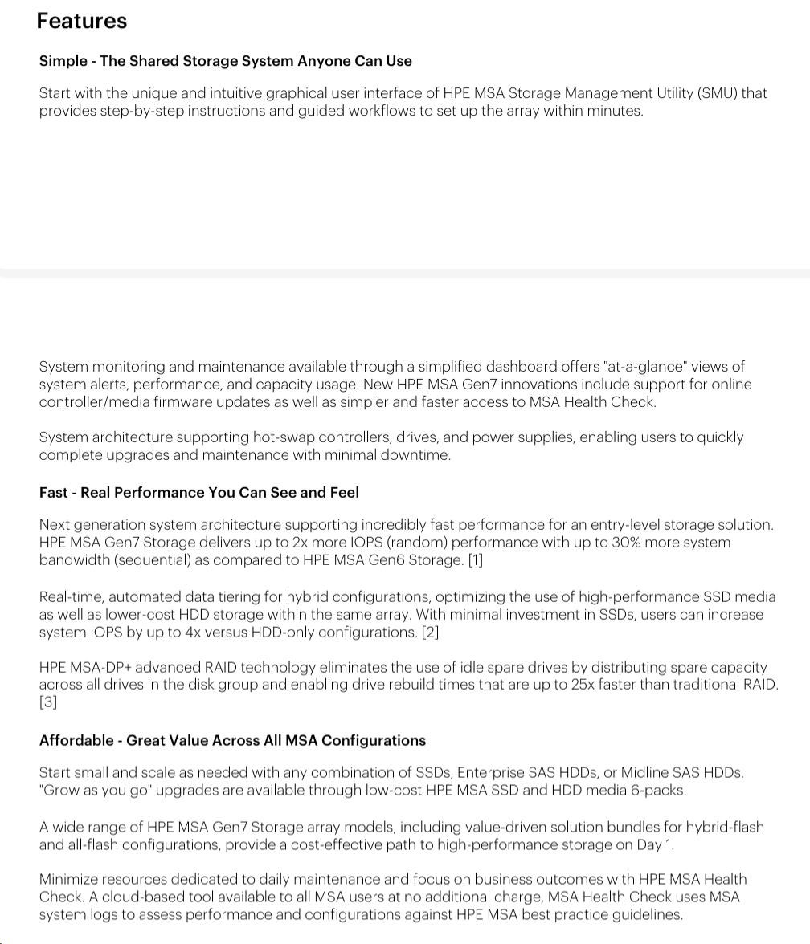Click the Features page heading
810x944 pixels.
81,21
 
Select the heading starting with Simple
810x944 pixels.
225,61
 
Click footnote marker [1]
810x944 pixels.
476,560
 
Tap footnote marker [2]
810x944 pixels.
431,633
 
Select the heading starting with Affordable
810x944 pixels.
232,741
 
